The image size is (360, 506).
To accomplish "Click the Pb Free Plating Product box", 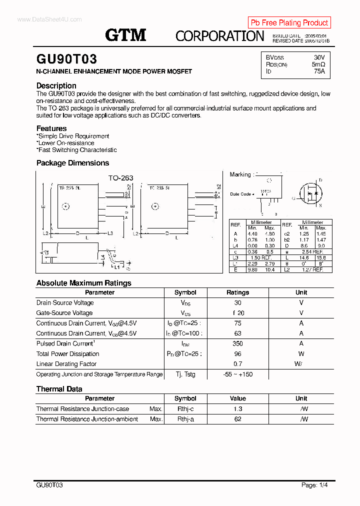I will point(289,22).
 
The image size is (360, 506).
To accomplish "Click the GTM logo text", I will point(125,35).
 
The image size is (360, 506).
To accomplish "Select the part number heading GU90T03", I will point(66,59).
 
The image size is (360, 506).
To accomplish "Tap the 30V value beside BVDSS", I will point(319,57).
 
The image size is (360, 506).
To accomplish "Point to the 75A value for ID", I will point(319,71).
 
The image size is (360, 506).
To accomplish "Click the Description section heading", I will point(56,85).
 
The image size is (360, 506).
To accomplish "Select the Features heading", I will point(51,128).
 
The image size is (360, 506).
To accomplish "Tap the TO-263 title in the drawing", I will point(120,177).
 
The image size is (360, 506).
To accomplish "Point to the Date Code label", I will point(240,194).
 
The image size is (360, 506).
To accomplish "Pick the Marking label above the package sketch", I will point(240,174).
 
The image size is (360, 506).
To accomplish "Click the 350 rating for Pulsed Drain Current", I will point(237,343).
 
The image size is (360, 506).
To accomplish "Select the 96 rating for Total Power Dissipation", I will point(237,354).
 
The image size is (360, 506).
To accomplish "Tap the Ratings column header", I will point(237,292).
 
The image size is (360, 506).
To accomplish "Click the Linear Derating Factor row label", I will point(66,364).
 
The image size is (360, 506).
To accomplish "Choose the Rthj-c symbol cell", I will point(185,409).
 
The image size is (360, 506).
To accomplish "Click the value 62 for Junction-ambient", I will point(237,419).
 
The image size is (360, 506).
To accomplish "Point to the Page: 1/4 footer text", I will point(314,485).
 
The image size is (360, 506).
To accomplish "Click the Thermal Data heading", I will point(59,389).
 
